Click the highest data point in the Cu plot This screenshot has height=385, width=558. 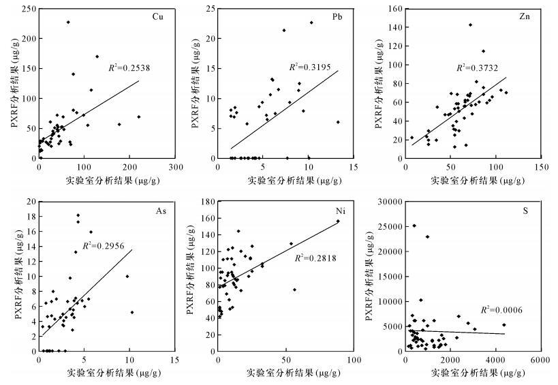pos(68,22)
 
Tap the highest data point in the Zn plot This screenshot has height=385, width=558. pos(470,25)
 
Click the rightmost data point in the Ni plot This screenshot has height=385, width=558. pos(338,221)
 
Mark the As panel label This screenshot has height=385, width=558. pos(161,212)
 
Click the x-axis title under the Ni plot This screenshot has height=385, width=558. pos(285,373)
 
